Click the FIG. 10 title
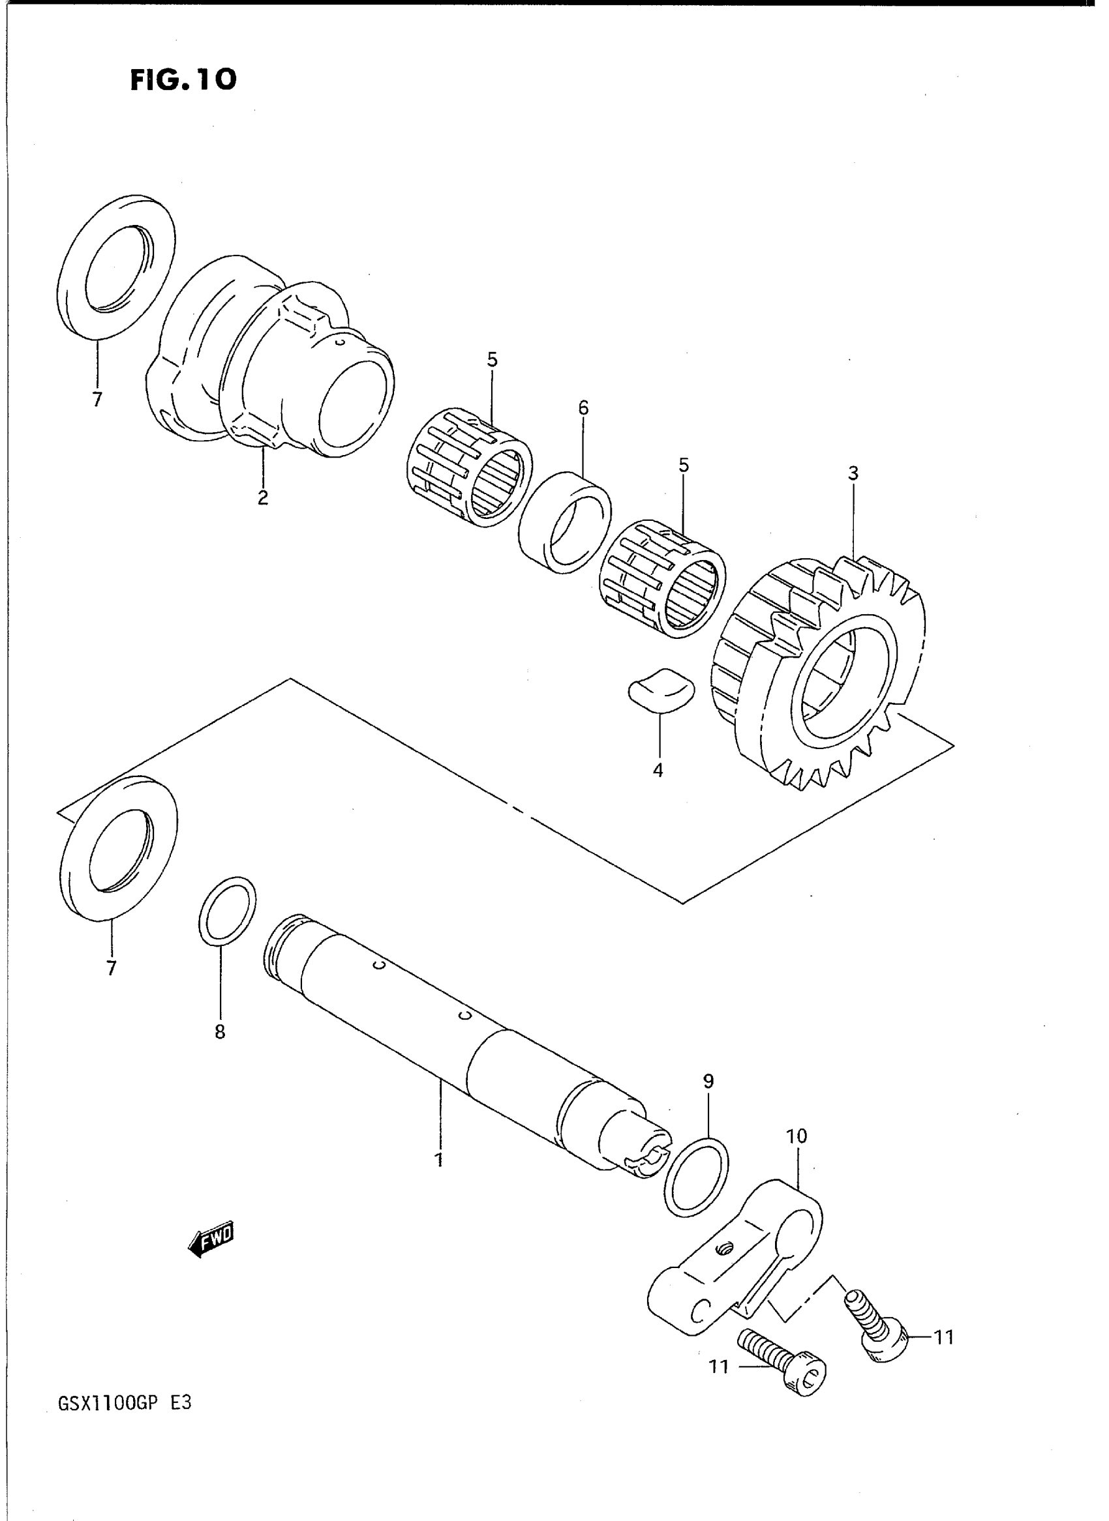coord(183,80)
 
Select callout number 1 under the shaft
coord(439,1160)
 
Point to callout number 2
coord(262,497)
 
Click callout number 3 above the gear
coord(853,474)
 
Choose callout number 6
coord(583,407)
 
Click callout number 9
coord(708,1081)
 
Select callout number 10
coord(796,1136)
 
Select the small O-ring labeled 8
coord(227,911)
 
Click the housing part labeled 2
coord(269,362)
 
